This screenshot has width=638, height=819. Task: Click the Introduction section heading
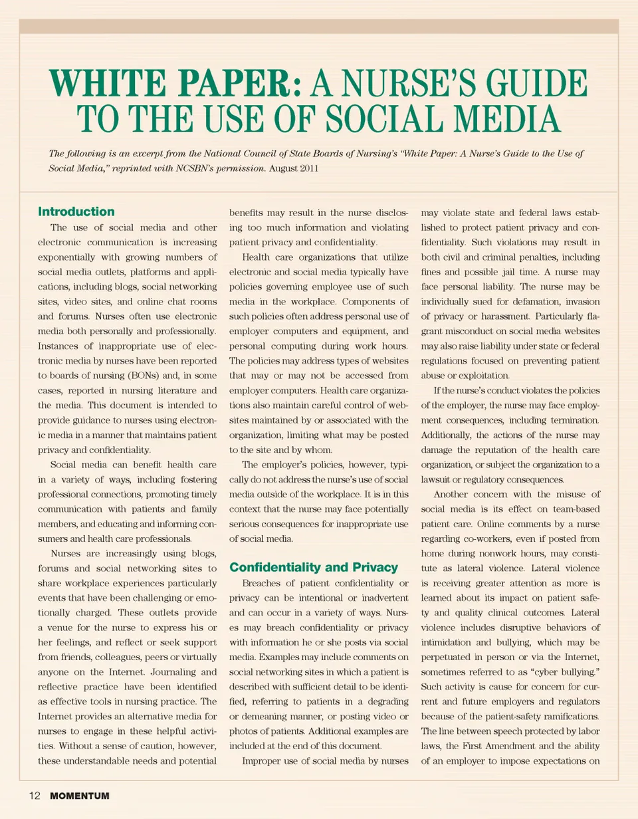point(76,212)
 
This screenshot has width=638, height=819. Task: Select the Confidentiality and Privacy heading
point(313,567)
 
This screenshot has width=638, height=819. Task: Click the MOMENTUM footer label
point(79,796)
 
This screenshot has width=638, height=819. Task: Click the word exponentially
point(74,256)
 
